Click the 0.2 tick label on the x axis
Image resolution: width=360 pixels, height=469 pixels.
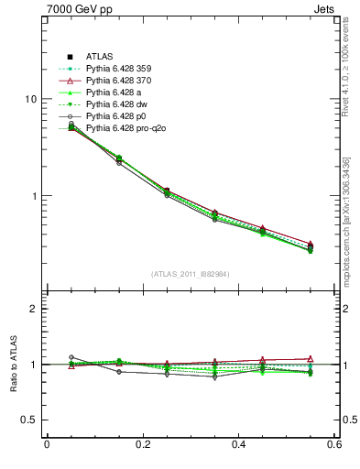142,445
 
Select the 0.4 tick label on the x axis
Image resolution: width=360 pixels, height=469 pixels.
238,445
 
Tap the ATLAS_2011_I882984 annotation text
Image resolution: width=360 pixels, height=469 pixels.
191,274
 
